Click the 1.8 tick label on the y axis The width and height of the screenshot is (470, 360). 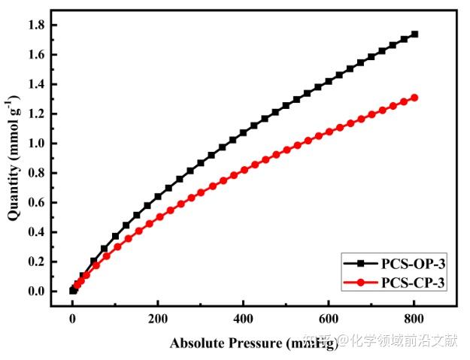tap(36, 26)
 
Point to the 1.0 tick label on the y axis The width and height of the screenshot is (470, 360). tap(36, 144)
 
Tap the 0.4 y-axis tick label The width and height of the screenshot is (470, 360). tap(36, 232)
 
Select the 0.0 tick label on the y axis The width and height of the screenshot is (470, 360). tap(36, 292)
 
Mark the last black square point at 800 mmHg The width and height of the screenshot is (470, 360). tap(414, 34)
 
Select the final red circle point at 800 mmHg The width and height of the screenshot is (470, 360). tap(414, 98)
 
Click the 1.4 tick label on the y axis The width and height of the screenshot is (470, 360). tap(36, 85)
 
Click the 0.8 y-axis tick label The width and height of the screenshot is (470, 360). tap(36, 174)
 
